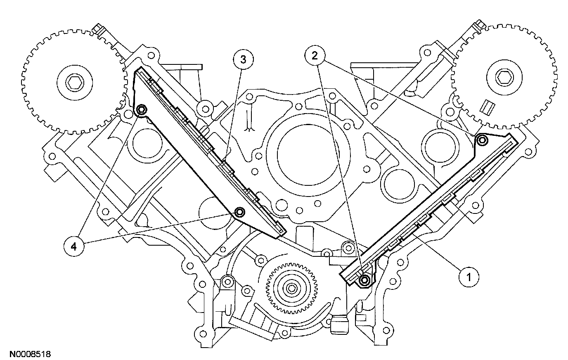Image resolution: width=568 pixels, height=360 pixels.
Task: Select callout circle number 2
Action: pyautogui.click(x=315, y=56)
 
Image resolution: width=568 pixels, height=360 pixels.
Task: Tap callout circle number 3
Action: pyautogui.click(x=243, y=59)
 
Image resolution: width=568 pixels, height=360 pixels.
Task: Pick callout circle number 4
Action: pyautogui.click(x=73, y=246)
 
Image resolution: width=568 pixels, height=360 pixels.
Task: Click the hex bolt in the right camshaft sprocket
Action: pyautogui.click(x=503, y=77)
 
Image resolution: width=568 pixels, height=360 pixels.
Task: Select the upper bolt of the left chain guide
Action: pyautogui.click(x=141, y=110)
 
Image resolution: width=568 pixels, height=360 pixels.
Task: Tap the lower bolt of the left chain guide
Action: pyautogui.click(x=239, y=213)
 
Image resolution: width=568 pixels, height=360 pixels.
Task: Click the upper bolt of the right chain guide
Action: pyautogui.click(x=481, y=141)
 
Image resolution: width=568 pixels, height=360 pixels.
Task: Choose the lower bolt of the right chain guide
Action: pyautogui.click(x=364, y=281)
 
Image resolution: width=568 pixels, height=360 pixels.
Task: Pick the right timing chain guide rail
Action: pyautogui.click(x=429, y=211)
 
